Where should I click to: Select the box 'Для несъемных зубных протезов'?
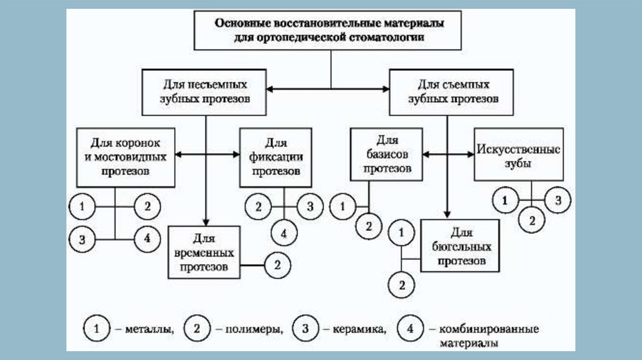click(205, 92)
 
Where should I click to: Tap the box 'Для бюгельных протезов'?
click(461, 245)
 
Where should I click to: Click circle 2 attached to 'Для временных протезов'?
click(277, 265)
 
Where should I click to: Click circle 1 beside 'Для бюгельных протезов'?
click(403, 234)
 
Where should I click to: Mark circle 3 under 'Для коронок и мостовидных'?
click(82, 238)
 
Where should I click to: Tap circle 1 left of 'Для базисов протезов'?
click(342, 206)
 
